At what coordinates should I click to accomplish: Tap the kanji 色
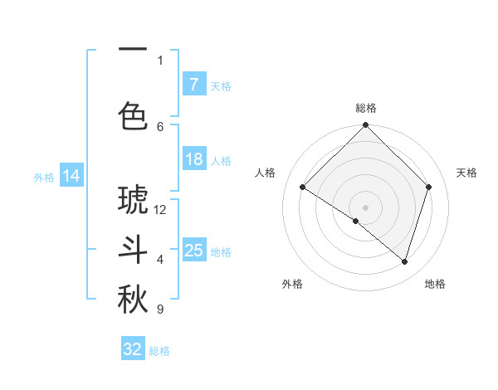(x=133, y=115)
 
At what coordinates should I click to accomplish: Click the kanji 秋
(x=133, y=300)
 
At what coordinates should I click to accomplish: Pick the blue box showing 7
(x=193, y=84)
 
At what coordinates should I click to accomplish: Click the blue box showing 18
(x=193, y=159)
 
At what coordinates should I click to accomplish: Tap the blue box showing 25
(x=193, y=250)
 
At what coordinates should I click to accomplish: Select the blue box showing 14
(x=71, y=176)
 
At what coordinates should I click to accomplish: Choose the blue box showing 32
(x=133, y=349)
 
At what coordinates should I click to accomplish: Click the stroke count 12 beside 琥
(x=160, y=209)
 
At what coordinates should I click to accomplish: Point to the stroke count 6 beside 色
(x=160, y=126)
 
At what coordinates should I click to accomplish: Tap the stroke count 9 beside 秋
(x=160, y=310)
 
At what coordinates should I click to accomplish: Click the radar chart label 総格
(x=366, y=108)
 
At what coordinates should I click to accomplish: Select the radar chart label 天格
(x=467, y=173)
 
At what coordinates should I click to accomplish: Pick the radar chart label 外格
(x=292, y=284)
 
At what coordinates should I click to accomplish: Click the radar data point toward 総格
(x=365, y=126)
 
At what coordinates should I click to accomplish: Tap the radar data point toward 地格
(x=405, y=262)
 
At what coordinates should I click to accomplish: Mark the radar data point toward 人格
(x=303, y=187)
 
